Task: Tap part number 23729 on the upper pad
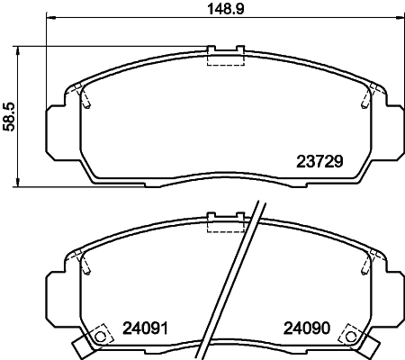coord(319,162)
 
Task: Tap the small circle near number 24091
coord(100,337)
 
